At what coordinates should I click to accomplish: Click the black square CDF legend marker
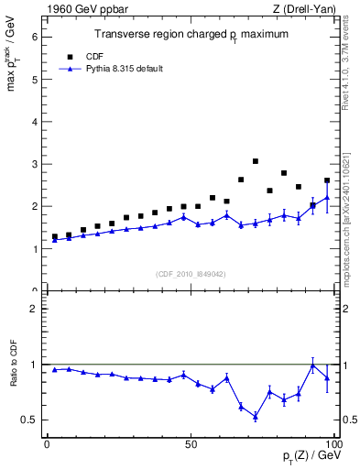pyautogui.click(x=67, y=56)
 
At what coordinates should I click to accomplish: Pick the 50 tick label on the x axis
pyautogui.click(x=190, y=443)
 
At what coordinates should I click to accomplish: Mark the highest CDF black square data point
pyautogui.click(x=256, y=161)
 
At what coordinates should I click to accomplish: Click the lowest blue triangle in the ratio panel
pyautogui.click(x=256, y=416)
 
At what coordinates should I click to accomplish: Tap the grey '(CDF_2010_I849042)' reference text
pyautogui.click(x=190, y=274)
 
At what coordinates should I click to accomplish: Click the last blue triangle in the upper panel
pyautogui.click(x=327, y=198)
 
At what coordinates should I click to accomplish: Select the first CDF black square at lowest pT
pyautogui.click(x=54, y=236)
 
